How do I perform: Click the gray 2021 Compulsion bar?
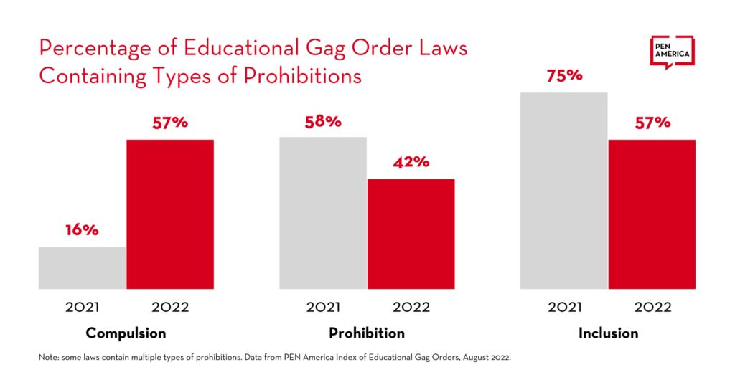click(x=83, y=268)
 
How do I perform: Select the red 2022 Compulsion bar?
click(x=170, y=214)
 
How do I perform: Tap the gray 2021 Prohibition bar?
click(x=323, y=213)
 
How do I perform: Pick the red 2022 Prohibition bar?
click(x=411, y=234)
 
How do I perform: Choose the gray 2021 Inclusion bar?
click(x=564, y=191)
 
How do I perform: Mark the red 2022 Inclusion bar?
click(x=652, y=214)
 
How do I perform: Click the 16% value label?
click(x=82, y=231)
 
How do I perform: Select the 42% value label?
click(x=411, y=162)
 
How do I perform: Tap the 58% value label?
click(x=323, y=121)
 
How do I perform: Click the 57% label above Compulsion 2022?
click(x=170, y=123)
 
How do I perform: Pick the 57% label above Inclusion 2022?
click(x=652, y=123)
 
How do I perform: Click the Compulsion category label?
click(x=126, y=333)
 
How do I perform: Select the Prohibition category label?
click(x=367, y=333)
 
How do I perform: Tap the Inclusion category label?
click(x=608, y=333)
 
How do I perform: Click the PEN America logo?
click(x=672, y=52)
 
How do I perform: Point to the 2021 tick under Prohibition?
click(x=323, y=308)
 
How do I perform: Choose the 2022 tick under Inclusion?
click(x=652, y=308)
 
